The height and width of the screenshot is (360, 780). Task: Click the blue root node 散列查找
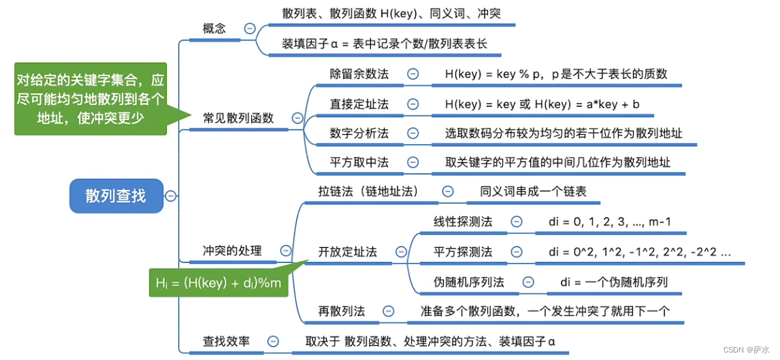click(x=116, y=196)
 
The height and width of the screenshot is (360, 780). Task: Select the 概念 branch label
click(x=214, y=29)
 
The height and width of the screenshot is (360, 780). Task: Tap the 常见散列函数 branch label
click(x=238, y=118)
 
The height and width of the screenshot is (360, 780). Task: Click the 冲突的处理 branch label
click(x=232, y=250)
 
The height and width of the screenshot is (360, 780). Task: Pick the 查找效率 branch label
click(x=226, y=342)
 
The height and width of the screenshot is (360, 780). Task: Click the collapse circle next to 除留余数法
click(x=412, y=74)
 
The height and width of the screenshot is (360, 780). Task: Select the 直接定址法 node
click(x=359, y=104)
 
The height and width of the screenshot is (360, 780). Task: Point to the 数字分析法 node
click(x=359, y=133)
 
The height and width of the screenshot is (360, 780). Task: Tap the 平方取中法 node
click(x=359, y=162)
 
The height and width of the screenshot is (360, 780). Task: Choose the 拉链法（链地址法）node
click(x=368, y=191)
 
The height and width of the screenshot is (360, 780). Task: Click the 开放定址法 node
click(x=347, y=251)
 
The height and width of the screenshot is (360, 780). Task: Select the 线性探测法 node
click(x=463, y=222)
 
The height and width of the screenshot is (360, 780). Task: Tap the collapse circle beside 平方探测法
click(x=517, y=252)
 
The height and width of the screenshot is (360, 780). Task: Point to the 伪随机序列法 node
click(x=469, y=282)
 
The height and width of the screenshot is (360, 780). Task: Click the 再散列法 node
click(x=342, y=311)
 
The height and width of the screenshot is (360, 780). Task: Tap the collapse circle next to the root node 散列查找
click(x=171, y=196)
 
